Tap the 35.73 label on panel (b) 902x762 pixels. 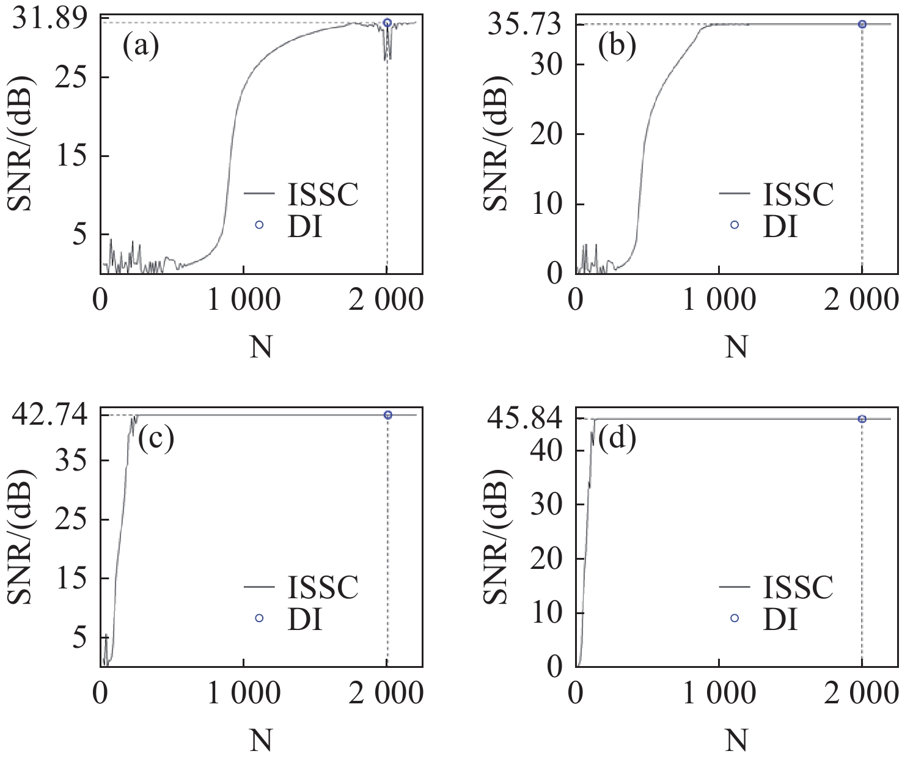point(524,26)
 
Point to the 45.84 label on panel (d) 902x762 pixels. point(524,419)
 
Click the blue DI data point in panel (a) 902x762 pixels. point(387,23)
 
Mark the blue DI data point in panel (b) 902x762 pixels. point(862,24)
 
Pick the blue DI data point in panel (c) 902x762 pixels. point(387,415)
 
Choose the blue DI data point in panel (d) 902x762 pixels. point(862,419)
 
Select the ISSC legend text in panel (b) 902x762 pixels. point(798,194)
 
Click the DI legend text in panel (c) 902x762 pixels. point(304,619)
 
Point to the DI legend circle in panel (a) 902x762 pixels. point(259,225)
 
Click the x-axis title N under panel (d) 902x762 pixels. point(736,741)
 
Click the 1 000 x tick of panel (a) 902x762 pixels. point(244,301)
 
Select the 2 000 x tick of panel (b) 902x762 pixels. point(860,301)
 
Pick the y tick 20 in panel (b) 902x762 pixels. point(546,134)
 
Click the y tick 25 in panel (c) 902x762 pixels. point(70,519)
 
